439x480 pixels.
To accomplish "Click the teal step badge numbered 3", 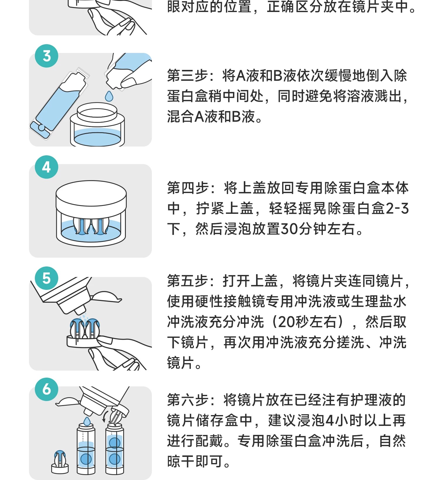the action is pos(47,56).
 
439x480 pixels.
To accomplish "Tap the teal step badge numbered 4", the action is pos(47,167).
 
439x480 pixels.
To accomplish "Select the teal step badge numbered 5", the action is pos(47,278).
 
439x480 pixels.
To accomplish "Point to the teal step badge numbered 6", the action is pos(47,389).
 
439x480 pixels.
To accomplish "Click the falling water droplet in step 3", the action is pos(109,96).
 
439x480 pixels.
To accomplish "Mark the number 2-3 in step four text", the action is pos(397,209).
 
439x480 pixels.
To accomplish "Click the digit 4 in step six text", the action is pos(330,421).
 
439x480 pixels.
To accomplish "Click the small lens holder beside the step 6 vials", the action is pos(60,462).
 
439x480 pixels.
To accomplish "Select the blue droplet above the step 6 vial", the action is pos(87,421).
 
